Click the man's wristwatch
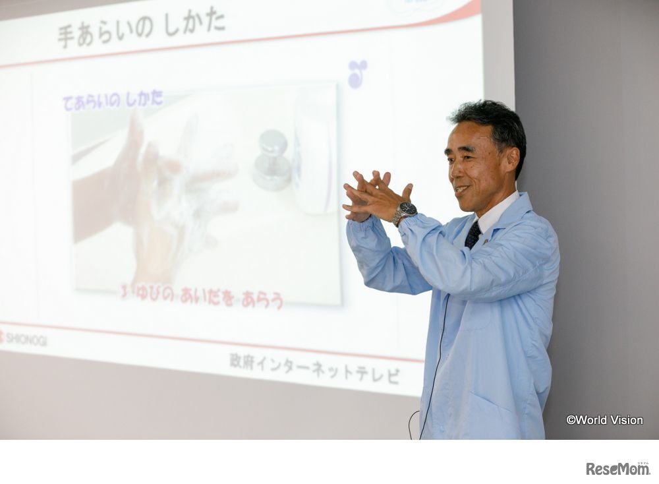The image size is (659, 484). coord(405,212)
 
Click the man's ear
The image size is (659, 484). coord(511,160)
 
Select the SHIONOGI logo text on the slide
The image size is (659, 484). coord(25,339)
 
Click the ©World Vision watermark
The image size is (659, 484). coord(604,420)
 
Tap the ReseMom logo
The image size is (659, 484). coord(617,468)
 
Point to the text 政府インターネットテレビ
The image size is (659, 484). coord(314,368)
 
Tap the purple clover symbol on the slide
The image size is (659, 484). coord(357,73)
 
